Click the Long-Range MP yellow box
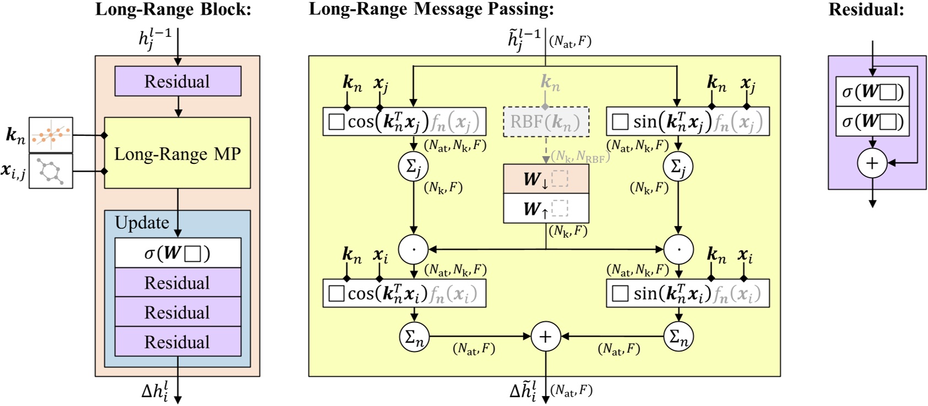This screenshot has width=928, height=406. click(177, 153)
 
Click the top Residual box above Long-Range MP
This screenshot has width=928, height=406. click(177, 81)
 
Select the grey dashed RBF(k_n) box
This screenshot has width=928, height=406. click(545, 122)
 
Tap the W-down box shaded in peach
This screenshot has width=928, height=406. click(545, 179)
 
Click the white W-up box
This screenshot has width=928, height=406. click(545, 209)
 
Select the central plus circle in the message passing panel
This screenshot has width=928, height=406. click(545, 336)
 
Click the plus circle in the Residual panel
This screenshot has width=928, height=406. click(872, 163)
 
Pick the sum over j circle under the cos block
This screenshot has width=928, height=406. click(413, 166)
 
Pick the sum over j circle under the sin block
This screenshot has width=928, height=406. click(678, 166)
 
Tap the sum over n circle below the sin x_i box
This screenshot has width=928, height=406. click(678, 336)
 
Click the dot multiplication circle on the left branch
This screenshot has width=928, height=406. click(413, 249)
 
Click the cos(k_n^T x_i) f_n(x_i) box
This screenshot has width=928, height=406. click(404, 293)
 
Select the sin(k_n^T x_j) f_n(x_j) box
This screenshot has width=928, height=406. click(687, 122)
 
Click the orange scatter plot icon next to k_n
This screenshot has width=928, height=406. click(51, 134)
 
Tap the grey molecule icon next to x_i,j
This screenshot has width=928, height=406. click(51, 171)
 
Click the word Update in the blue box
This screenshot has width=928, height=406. click(142, 223)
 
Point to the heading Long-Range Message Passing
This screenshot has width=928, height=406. click(431, 9)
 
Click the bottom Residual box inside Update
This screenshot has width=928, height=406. click(177, 342)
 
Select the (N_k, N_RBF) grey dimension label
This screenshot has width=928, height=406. click(580, 157)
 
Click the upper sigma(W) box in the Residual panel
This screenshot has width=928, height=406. click(872, 92)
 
